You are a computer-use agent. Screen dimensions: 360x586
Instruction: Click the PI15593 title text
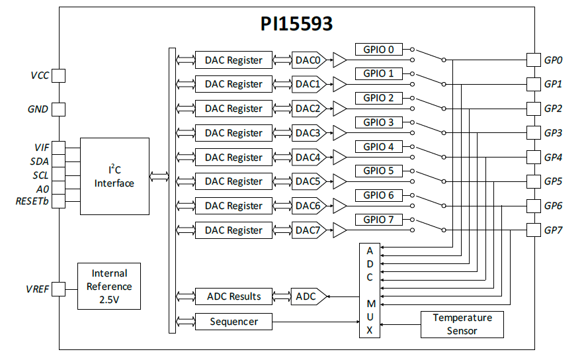click(x=296, y=24)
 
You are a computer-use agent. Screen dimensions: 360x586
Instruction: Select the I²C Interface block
click(x=114, y=176)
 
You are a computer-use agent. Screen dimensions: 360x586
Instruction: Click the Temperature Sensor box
click(x=462, y=324)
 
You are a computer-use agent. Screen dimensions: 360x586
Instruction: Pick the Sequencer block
click(x=233, y=322)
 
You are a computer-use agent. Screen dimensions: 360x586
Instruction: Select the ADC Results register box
click(x=233, y=296)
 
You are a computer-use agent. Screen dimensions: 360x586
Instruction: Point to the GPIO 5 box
click(x=378, y=171)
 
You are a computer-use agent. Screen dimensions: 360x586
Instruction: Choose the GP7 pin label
click(x=553, y=230)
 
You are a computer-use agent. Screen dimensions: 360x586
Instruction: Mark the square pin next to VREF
click(x=59, y=289)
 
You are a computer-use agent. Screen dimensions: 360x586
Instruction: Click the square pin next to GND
click(x=59, y=109)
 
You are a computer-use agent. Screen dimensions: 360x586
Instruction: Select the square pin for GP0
click(x=533, y=60)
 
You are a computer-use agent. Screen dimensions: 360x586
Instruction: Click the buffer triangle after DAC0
click(x=339, y=60)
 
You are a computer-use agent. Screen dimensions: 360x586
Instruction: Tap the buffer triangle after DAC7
click(x=339, y=230)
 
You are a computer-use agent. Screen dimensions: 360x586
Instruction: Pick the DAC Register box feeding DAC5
click(x=233, y=181)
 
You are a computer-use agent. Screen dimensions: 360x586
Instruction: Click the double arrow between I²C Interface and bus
click(x=159, y=176)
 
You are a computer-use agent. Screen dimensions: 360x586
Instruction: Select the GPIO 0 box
click(x=378, y=49)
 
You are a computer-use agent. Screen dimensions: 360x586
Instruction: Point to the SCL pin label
click(x=40, y=175)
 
